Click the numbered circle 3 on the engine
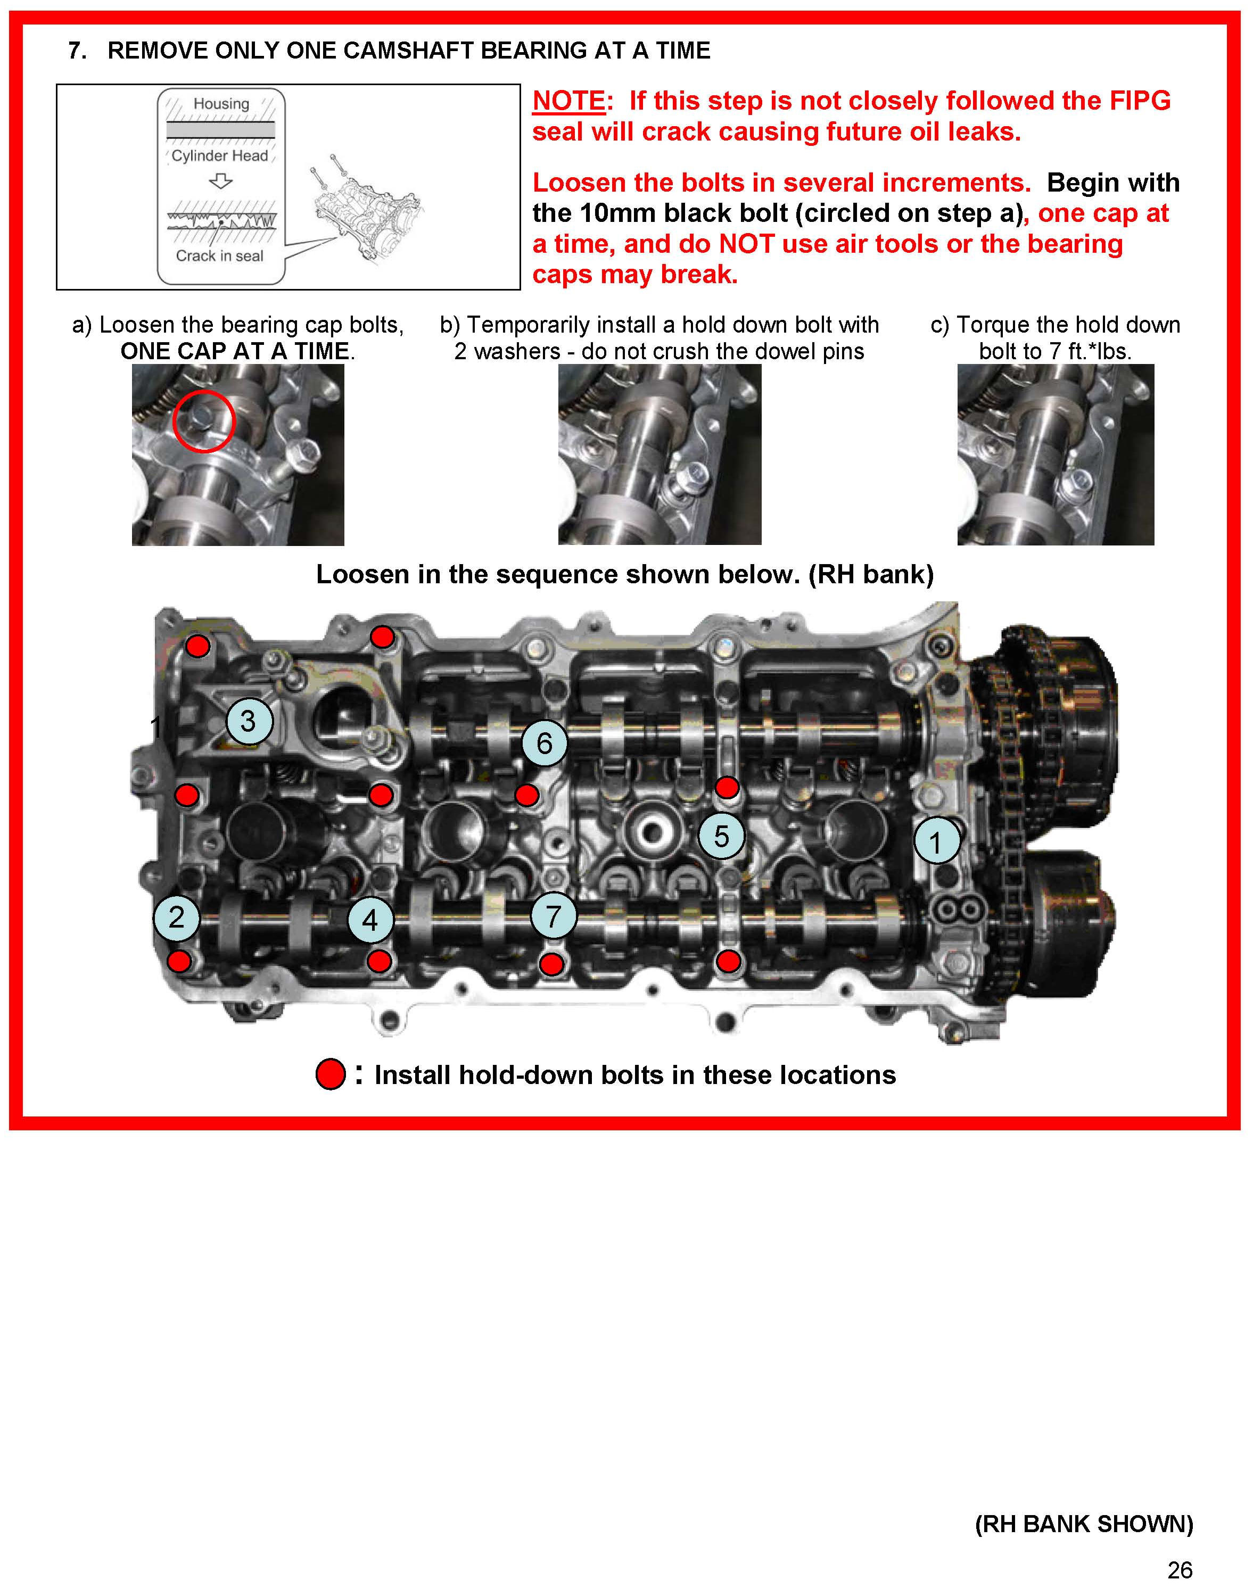(249, 721)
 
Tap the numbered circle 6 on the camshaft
(545, 743)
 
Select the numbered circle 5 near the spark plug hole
(721, 836)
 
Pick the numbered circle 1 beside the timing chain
(936, 842)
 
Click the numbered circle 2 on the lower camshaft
(177, 917)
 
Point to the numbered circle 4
(370, 920)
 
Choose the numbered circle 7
(554, 916)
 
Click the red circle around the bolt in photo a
(204, 421)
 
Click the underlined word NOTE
(569, 101)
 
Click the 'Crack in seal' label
(219, 256)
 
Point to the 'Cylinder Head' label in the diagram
(219, 155)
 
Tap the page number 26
(1180, 1570)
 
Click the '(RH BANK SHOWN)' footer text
(1084, 1524)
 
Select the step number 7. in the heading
(77, 51)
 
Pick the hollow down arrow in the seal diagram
(220, 180)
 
